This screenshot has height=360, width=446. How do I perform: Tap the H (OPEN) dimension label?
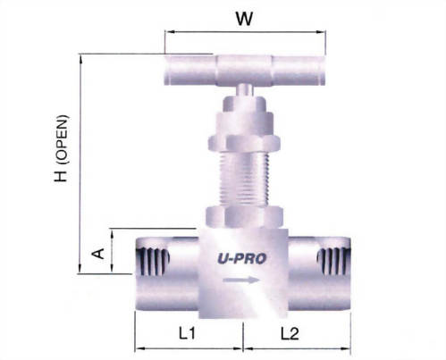(x=63, y=157)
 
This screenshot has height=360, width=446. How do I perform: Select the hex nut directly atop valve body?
(x=244, y=216)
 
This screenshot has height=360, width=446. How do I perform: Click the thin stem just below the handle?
(x=244, y=90)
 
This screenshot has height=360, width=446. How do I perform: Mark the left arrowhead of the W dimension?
(x=167, y=33)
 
